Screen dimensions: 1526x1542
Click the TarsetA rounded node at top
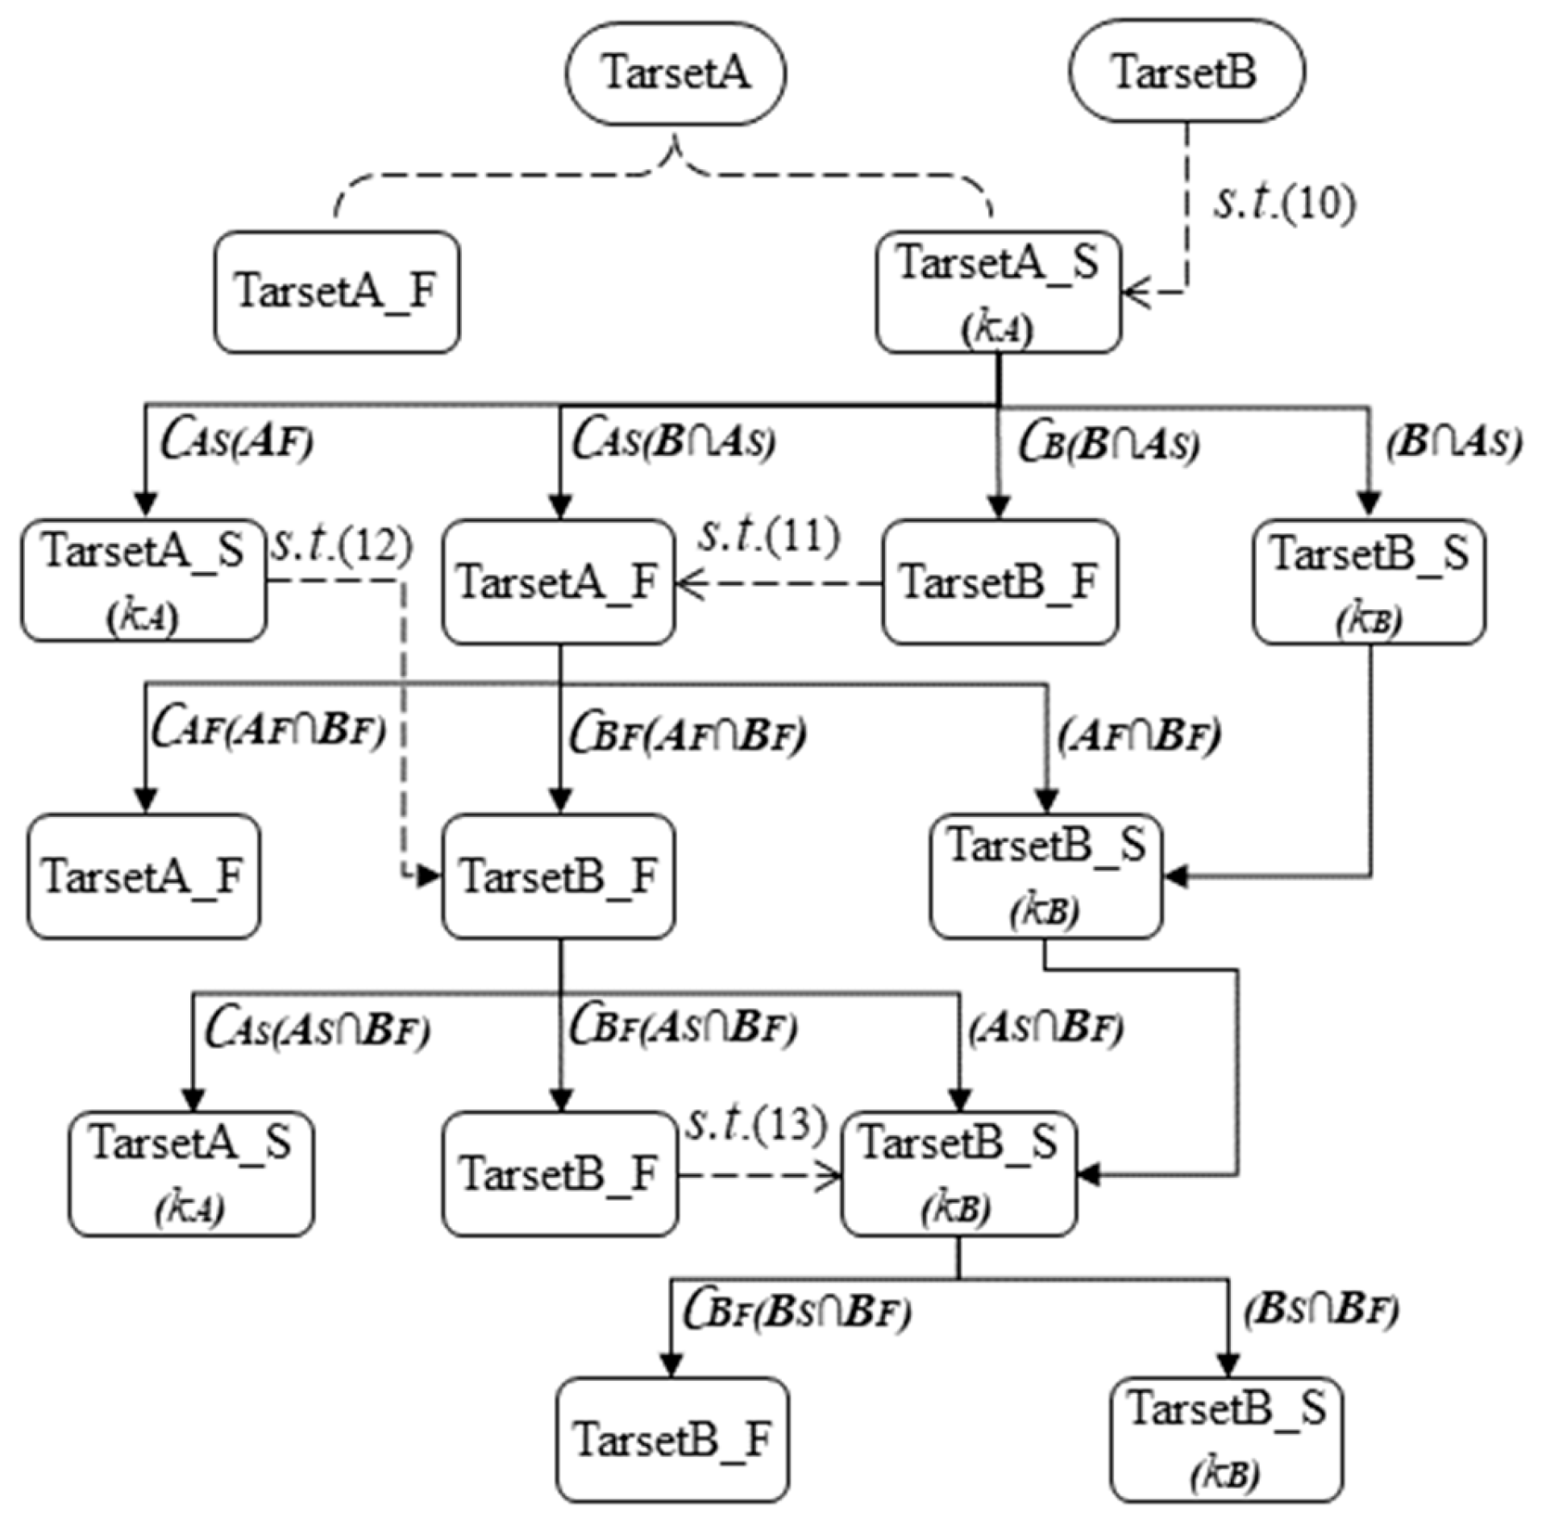point(675,73)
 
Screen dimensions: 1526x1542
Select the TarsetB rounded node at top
point(1185,72)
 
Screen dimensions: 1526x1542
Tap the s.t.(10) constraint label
point(1284,203)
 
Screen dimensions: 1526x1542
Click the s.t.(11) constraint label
point(769,536)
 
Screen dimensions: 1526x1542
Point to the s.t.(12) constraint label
point(343,546)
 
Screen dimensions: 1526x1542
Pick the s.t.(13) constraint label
point(756,1125)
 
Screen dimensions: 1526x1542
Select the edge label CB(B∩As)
point(1108,443)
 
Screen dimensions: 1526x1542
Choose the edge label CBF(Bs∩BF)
point(797,1312)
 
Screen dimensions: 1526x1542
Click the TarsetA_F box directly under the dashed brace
point(337,292)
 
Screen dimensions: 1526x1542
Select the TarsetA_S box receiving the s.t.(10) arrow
point(998,292)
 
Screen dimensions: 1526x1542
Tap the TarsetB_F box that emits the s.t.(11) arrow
point(1000,582)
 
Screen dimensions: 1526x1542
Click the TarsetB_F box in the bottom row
point(672,1439)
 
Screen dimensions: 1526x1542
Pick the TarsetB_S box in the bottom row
point(1226,1439)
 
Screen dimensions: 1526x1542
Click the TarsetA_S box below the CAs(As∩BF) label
point(191,1173)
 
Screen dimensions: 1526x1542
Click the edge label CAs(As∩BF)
point(318,1030)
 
